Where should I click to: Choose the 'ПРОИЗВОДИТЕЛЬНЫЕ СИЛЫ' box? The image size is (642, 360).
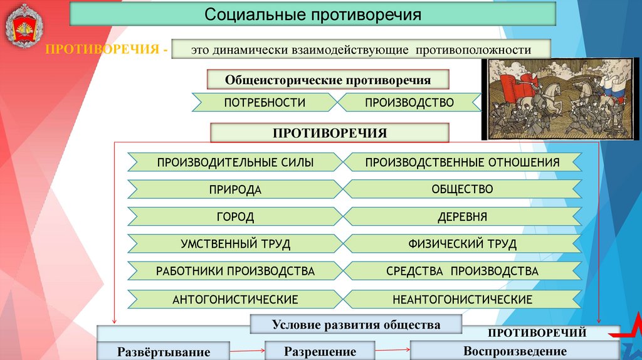(x=235, y=162)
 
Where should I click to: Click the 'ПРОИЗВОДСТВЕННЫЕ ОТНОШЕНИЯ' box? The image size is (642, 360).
(x=462, y=162)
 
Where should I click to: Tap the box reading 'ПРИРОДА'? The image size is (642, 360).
(x=235, y=189)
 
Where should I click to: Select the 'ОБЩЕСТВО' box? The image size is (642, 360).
(x=462, y=189)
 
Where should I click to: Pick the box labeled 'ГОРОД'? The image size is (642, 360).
(x=235, y=217)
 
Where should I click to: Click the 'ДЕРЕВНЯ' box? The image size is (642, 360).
(x=462, y=217)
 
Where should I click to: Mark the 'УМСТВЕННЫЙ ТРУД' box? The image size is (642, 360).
(x=235, y=244)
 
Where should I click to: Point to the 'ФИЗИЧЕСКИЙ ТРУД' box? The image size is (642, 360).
(x=462, y=244)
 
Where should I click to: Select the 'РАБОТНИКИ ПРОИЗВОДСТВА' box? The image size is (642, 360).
(x=235, y=272)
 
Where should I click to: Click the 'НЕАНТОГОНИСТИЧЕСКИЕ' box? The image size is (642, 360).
(x=462, y=299)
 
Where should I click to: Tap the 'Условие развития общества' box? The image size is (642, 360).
(x=355, y=324)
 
